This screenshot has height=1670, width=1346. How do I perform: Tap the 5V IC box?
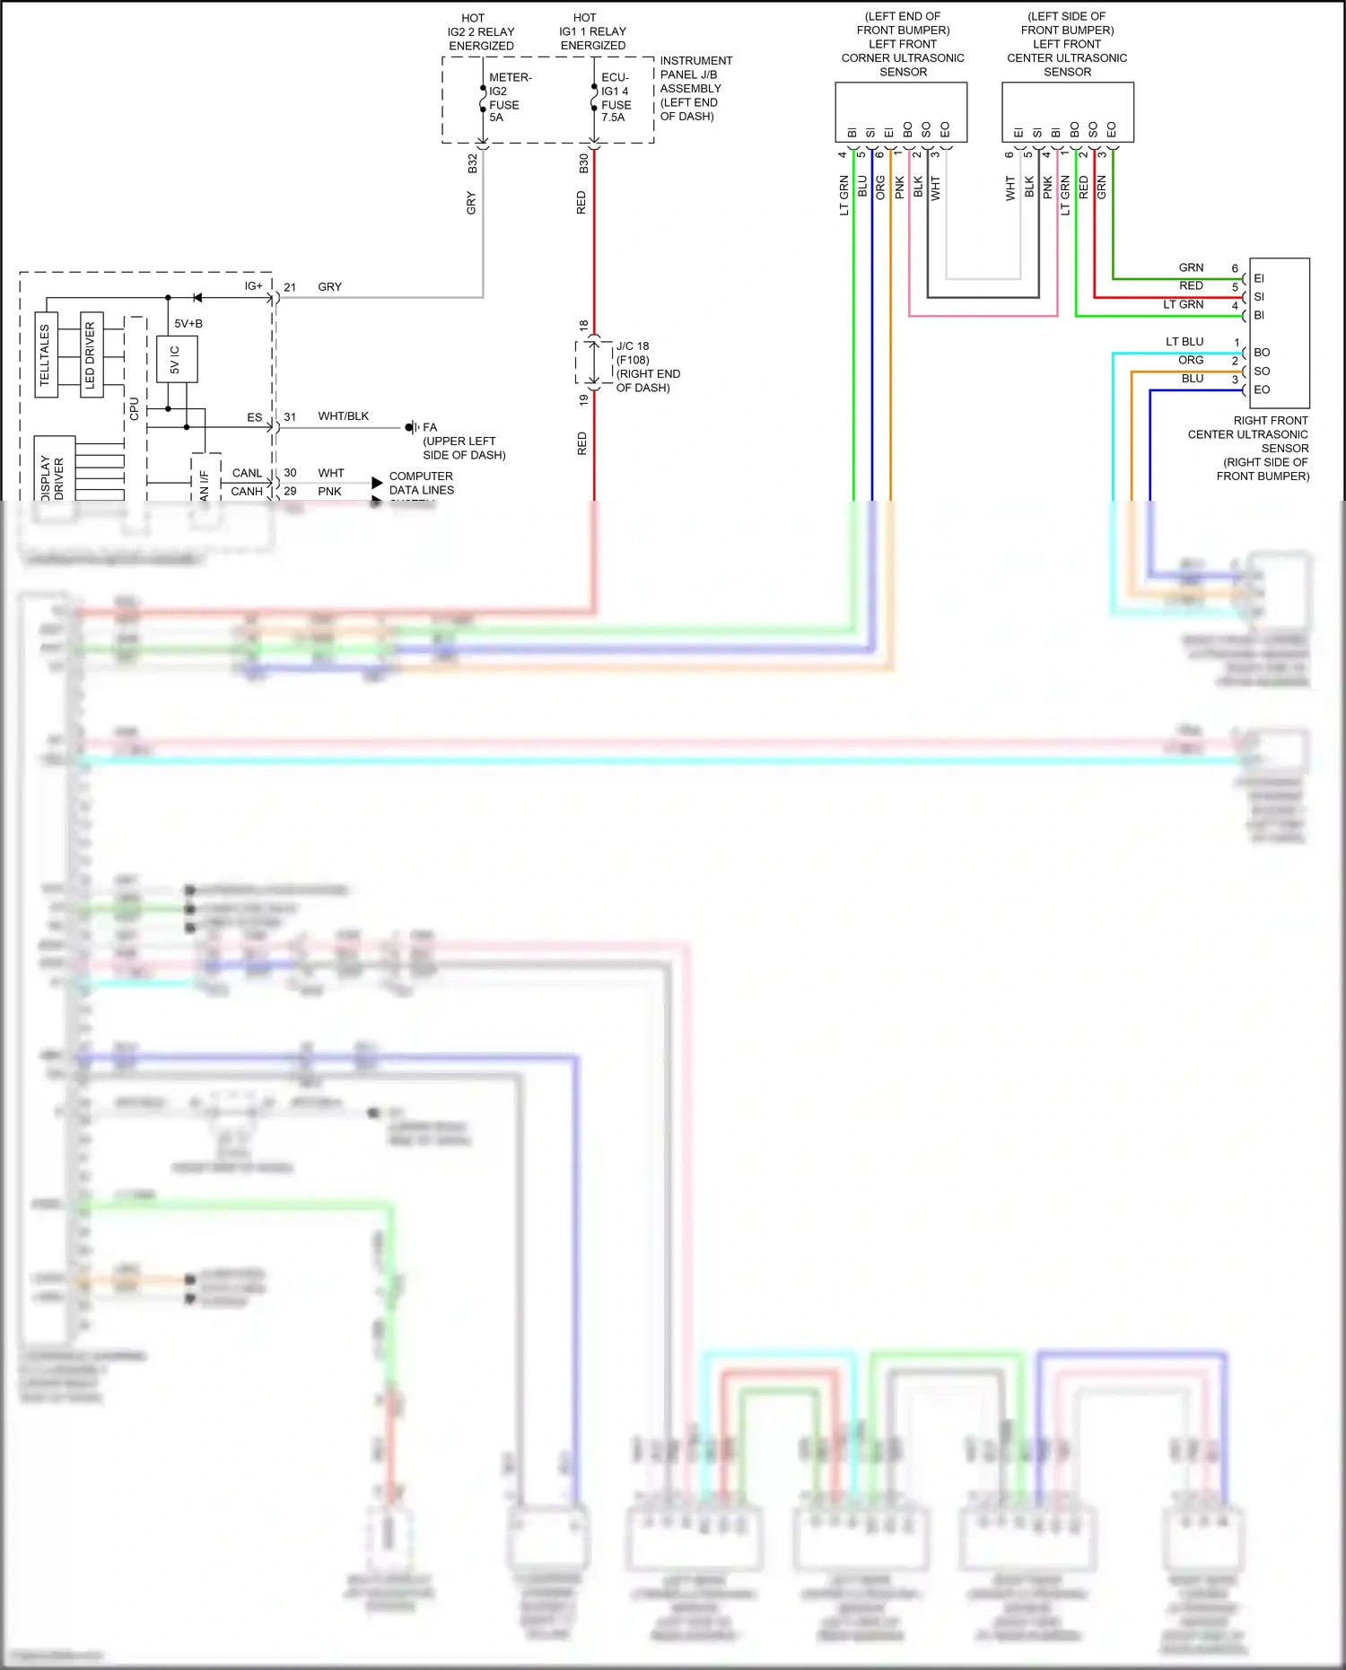(177, 359)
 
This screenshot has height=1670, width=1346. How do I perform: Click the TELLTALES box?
(46, 355)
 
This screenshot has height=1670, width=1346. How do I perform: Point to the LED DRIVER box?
(91, 355)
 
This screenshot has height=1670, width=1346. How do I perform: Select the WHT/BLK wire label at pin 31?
(343, 416)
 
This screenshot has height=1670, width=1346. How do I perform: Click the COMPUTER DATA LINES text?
(421, 483)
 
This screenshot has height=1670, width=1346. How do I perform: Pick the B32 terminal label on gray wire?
(473, 163)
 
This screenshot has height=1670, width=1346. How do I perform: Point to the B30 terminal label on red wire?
(583, 163)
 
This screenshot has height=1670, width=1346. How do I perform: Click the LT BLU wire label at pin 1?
(1184, 342)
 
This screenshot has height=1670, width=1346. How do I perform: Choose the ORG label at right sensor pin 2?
(1191, 360)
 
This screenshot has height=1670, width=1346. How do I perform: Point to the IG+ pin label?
(253, 286)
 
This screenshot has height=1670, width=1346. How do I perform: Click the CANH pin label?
(247, 491)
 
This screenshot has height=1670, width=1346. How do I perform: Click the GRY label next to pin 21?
(329, 287)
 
